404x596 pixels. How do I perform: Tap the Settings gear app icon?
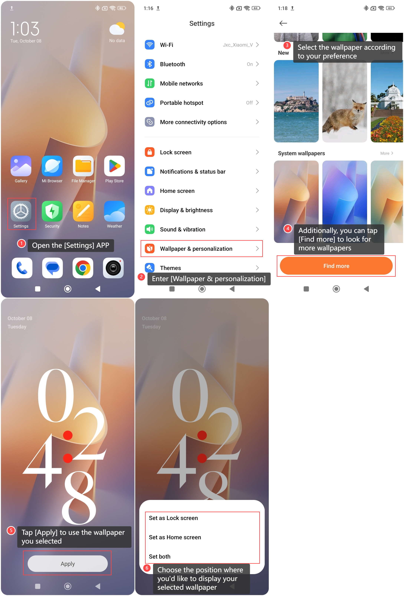[x=21, y=211]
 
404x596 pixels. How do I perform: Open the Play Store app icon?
[x=114, y=166]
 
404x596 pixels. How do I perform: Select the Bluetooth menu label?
[x=172, y=64]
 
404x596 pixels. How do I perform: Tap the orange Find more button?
[x=336, y=266]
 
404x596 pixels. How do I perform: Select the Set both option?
[x=160, y=557]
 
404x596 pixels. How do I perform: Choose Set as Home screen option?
[x=175, y=537]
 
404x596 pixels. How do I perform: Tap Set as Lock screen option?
[x=173, y=518]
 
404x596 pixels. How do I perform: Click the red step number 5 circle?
[x=11, y=530]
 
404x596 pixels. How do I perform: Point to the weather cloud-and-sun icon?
[x=117, y=29]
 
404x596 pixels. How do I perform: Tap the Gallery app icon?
[x=21, y=166]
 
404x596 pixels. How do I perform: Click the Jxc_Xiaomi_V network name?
[x=238, y=45]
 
